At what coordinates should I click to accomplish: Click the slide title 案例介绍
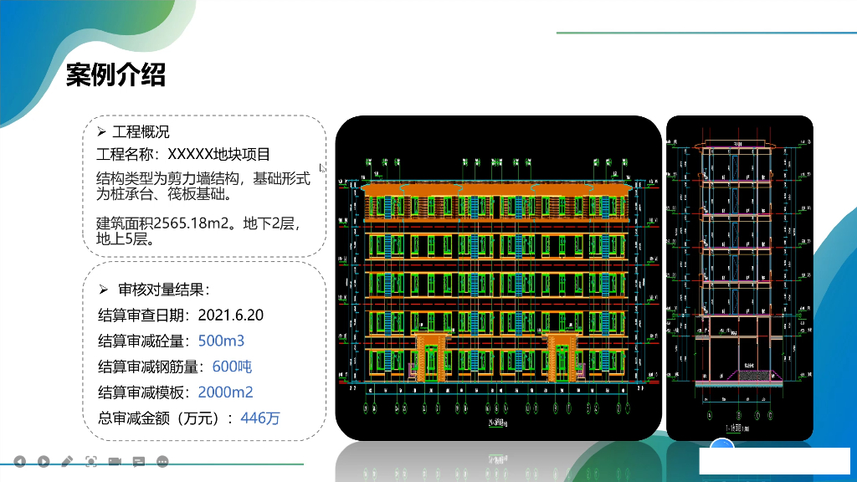tap(115, 74)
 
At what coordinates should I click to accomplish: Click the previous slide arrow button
tap(19, 461)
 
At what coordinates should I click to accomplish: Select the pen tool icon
tap(67, 461)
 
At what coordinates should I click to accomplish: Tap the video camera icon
tap(115, 461)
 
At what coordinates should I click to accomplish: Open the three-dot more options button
tap(163, 461)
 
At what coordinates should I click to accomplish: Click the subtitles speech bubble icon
tap(139, 461)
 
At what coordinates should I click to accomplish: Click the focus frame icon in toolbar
tap(91, 461)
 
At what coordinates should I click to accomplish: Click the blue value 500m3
tap(221, 341)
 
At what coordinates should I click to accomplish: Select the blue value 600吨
tap(232, 367)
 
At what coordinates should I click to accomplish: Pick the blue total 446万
tap(260, 418)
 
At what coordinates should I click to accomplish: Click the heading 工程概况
tap(141, 132)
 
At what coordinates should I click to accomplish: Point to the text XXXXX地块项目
tap(219, 155)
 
